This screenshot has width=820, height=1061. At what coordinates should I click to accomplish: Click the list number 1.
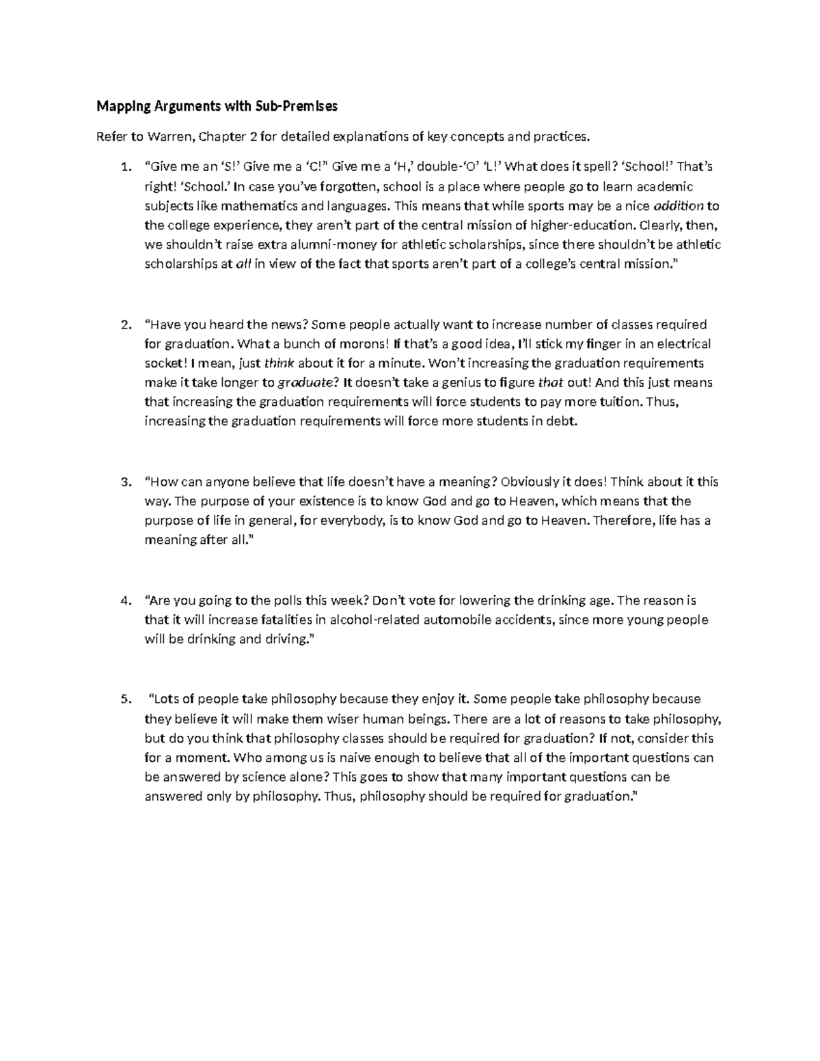[123, 167]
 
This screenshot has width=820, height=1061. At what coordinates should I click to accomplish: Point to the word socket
[162, 363]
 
